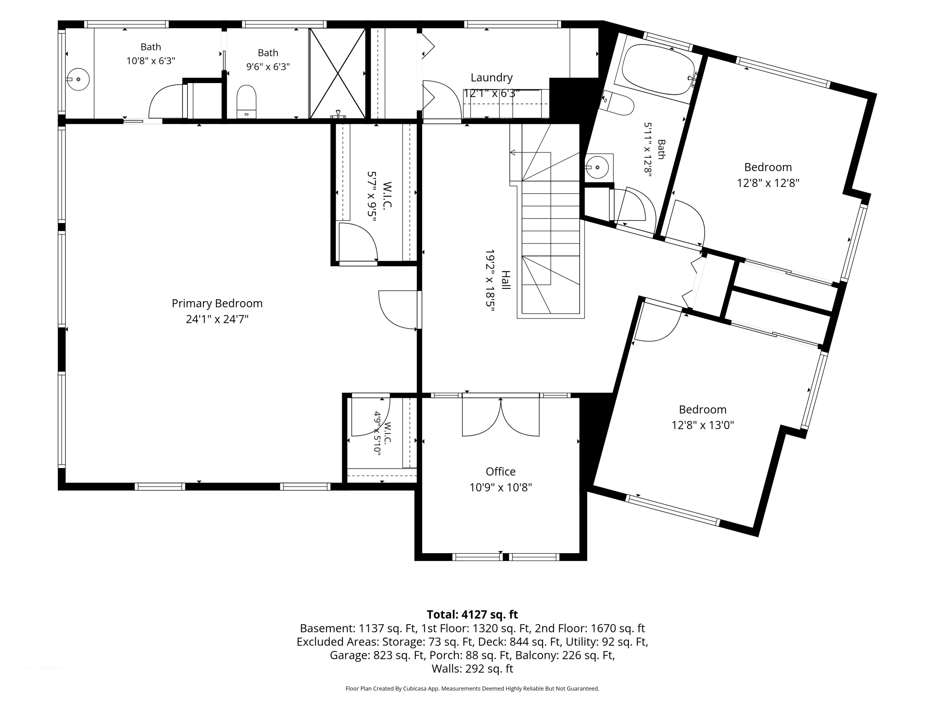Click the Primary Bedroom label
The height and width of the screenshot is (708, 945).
tap(217, 303)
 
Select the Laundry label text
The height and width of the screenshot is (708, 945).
tap(491, 78)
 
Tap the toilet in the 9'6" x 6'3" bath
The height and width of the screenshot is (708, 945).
tap(247, 101)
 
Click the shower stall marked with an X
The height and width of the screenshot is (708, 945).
tap(337, 73)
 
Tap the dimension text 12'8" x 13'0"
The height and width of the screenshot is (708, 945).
tap(702, 425)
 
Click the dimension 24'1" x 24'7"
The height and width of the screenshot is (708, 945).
tap(217, 319)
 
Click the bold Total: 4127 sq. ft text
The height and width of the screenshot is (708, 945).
tap(472, 615)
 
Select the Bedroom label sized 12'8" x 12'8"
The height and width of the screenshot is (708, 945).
tap(768, 167)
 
